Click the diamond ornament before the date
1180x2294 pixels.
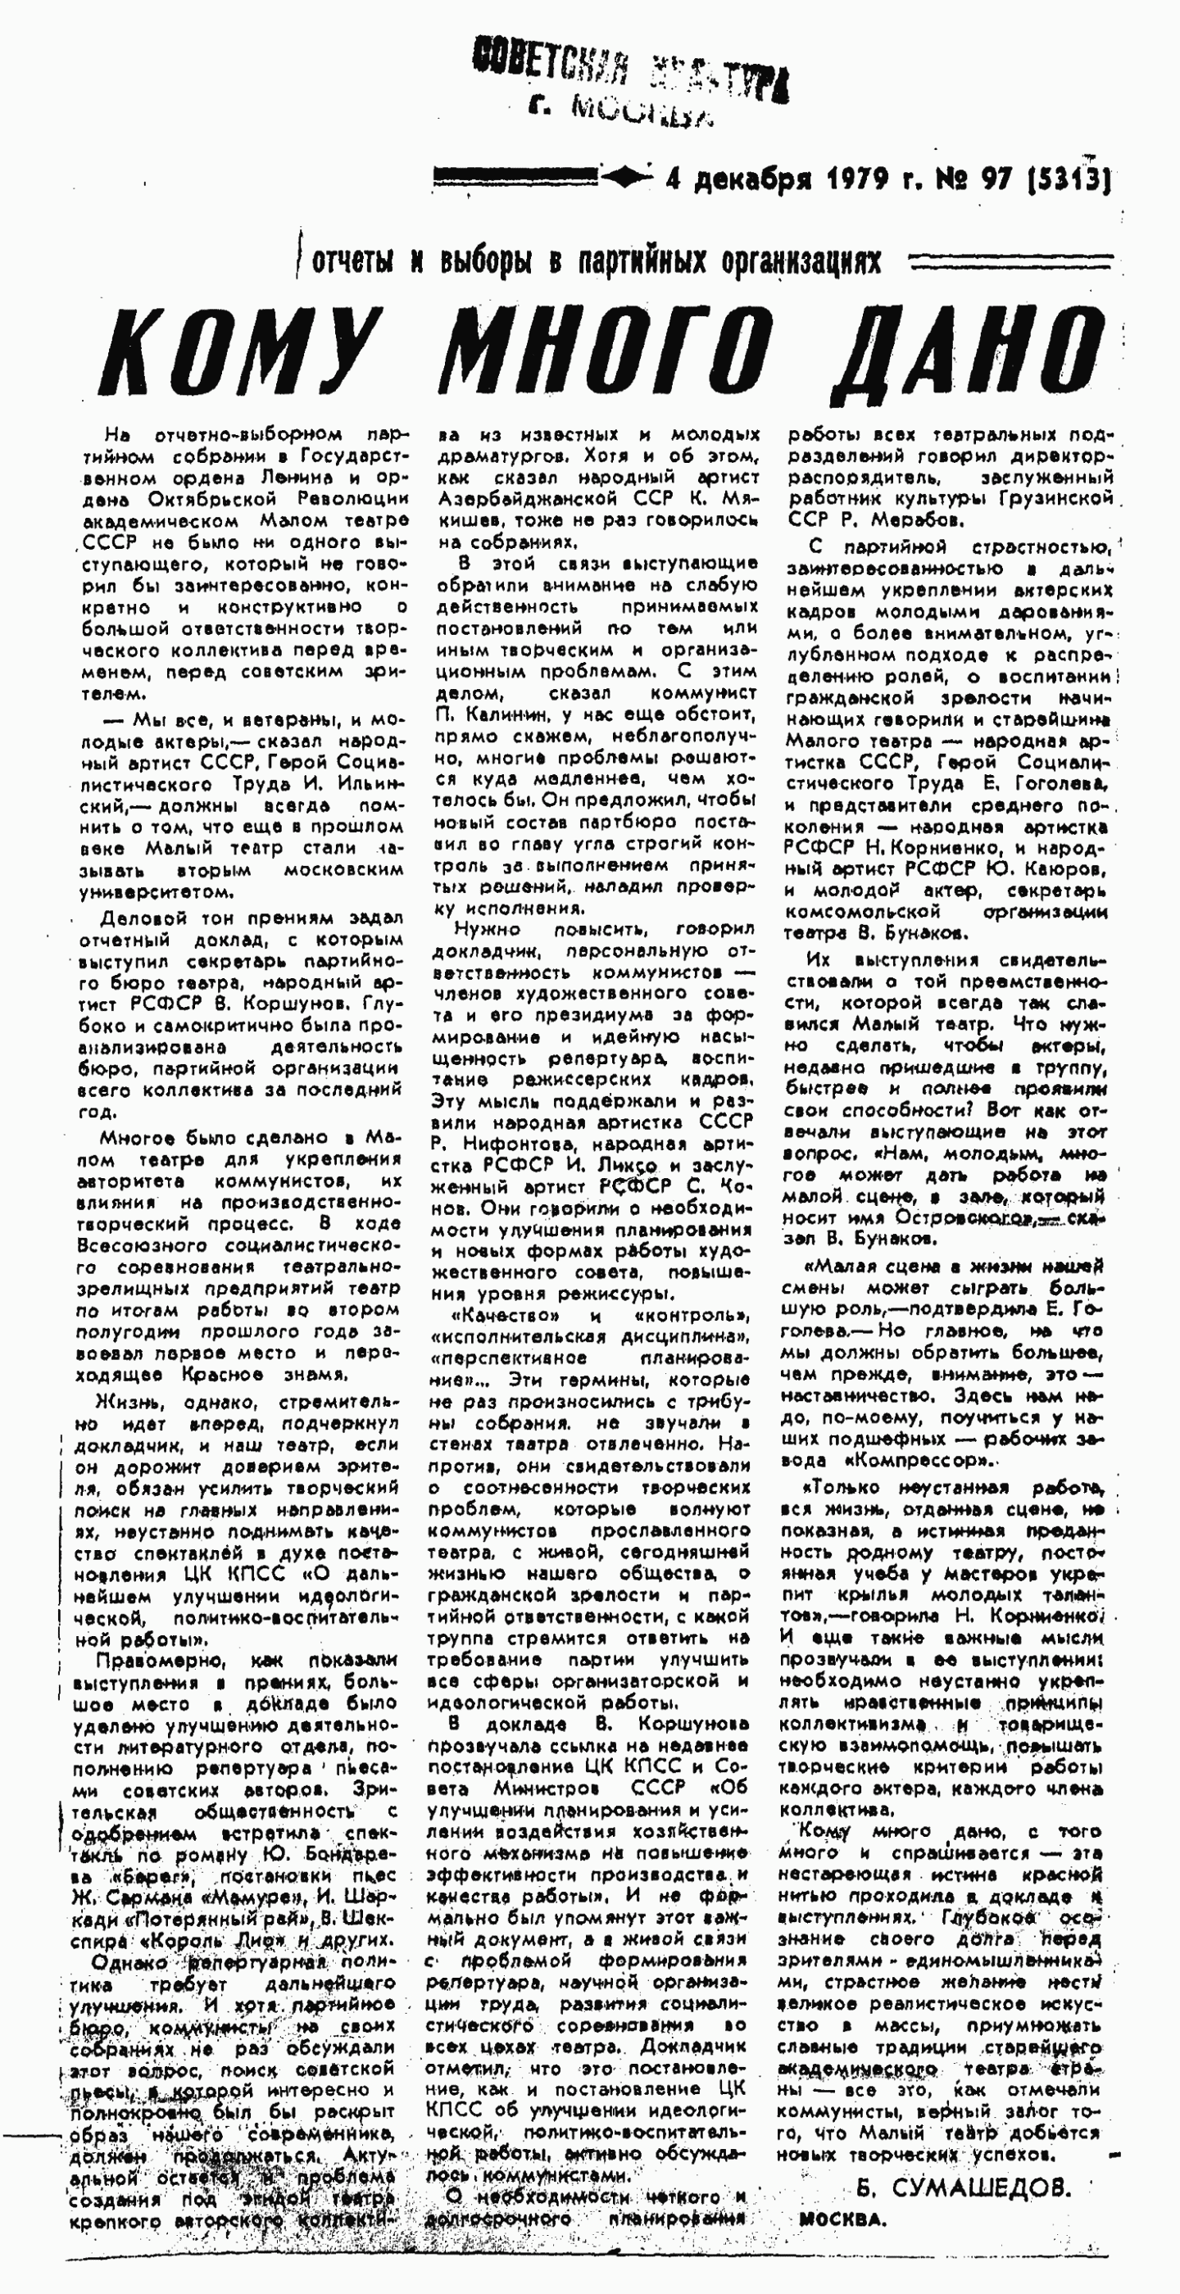pyautogui.click(x=626, y=178)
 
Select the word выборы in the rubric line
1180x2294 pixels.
pyautogui.click(x=485, y=261)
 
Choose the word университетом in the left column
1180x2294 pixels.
pyautogui.click(x=157, y=891)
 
